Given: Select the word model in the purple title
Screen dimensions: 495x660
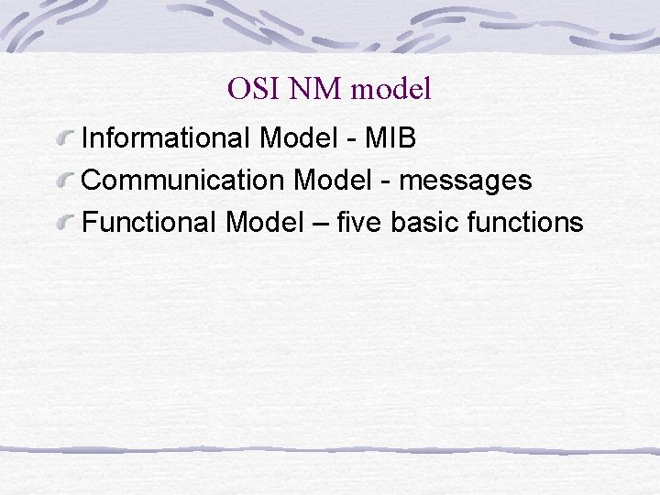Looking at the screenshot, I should (x=390, y=89).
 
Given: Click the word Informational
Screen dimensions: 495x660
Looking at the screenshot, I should (x=167, y=138).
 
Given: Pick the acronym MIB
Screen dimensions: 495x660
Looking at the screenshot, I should (x=390, y=138).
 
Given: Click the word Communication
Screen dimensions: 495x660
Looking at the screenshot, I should (x=183, y=181).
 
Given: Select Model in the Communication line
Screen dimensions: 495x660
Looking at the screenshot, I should (x=333, y=181).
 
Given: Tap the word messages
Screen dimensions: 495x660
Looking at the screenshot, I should (x=466, y=182).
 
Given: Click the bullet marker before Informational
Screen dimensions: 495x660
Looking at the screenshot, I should (x=64, y=139).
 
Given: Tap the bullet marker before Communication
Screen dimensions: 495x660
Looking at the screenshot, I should (x=64, y=181).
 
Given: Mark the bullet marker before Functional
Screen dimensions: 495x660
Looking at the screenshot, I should (x=64, y=223).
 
